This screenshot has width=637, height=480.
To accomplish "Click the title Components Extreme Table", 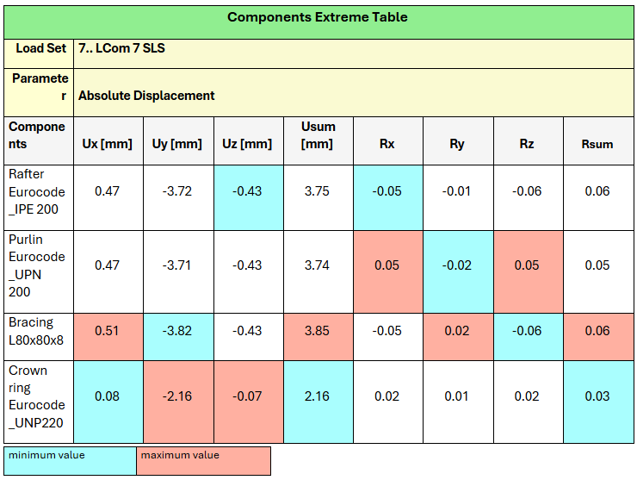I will pos(317,17).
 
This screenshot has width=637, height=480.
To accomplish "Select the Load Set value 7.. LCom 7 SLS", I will pos(121,48).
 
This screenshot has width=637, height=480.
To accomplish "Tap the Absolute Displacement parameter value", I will pos(146,96).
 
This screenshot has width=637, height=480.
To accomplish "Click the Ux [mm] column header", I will pos(107,144).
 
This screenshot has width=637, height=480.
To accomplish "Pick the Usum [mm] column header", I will pos(318,135).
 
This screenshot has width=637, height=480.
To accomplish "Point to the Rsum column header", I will pos(597,144).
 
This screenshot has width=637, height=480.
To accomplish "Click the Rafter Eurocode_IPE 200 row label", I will pos(37,190).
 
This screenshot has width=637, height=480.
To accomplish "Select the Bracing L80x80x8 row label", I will pos(37,330).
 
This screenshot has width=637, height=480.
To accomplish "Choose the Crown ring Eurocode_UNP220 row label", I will pos(37,396).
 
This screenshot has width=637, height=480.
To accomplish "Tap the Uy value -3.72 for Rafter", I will pos(177,190).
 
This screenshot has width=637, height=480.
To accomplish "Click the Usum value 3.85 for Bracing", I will pos(318,330).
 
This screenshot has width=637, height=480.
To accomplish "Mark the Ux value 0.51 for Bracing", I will pos(107,330).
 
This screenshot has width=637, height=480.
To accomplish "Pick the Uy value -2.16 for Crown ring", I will pos(177,396).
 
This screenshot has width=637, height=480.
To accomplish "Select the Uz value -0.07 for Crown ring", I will pos(247,396).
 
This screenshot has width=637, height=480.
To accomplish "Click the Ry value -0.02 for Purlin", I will pos(457,265).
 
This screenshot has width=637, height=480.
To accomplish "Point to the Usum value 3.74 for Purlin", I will pos(318,265).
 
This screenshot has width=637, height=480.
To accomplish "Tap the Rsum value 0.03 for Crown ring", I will pos(597,396).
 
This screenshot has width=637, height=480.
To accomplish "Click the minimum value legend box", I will pos(70,459).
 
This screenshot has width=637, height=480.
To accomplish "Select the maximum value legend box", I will pos(203,459).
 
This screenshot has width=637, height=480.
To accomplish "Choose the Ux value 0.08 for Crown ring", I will pos(107,396).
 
